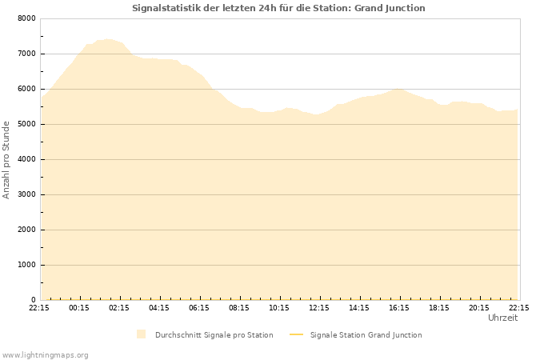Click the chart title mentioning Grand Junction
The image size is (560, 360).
278,8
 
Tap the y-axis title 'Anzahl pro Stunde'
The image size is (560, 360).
6,159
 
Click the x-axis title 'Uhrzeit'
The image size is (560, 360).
502,318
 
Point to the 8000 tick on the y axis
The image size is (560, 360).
26,18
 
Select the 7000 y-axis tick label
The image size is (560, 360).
26,54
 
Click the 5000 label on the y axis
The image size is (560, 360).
26,124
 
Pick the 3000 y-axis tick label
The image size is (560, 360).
26,194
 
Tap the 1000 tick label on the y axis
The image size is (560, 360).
26,265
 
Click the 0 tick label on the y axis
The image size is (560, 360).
34,300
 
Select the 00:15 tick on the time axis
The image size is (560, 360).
79,307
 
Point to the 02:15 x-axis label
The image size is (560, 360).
119,307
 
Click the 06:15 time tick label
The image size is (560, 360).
199,307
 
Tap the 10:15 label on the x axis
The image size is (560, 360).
279,307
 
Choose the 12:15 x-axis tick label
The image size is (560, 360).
319,307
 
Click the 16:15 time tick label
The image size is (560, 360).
399,307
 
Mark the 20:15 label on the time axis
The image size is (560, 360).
479,307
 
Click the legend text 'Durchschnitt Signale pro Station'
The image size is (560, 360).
214,335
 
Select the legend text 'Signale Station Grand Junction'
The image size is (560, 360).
366,335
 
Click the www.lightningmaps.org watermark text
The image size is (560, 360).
45,354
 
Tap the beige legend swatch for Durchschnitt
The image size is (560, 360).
141,334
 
